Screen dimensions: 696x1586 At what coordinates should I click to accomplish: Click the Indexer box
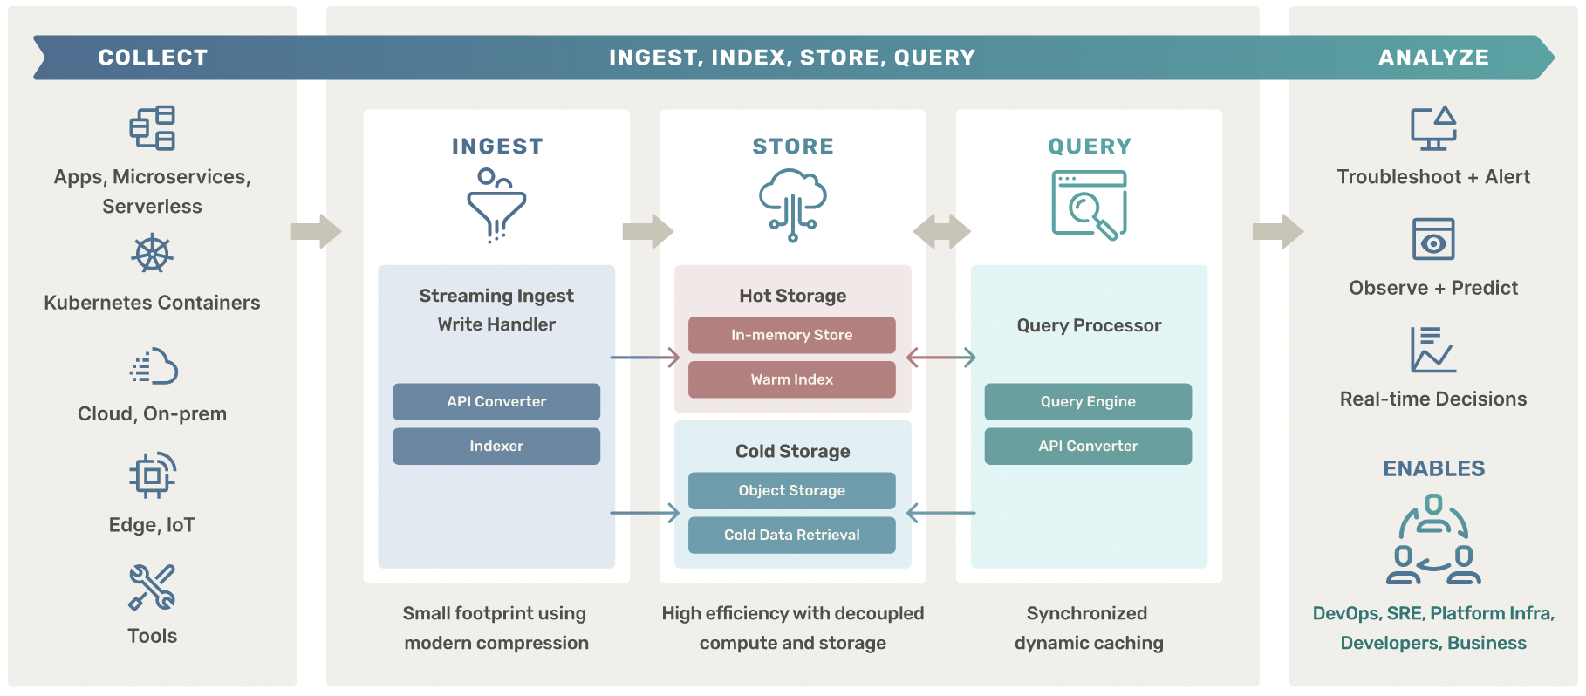tap(496, 446)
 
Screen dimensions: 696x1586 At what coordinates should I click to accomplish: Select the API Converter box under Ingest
tap(496, 401)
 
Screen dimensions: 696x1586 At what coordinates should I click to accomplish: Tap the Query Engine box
tap(1087, 401)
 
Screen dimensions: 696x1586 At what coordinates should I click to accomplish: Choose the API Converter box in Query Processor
tap(1087, 446)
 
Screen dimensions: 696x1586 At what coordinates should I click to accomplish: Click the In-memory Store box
tap(791, 335)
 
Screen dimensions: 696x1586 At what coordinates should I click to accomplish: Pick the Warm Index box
tap(791, 379)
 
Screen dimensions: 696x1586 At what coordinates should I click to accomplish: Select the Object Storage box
tap(791, 490)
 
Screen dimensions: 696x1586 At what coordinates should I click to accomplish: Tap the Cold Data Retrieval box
tap(791, 535)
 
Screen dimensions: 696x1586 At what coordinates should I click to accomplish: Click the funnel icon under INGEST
tap(496, 205)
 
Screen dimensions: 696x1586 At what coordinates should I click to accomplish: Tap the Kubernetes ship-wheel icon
tap(152, 254)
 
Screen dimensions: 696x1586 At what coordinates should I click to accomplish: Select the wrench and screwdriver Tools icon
tap(152, 587)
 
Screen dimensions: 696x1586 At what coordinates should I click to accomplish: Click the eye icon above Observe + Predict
tap(1432, 239)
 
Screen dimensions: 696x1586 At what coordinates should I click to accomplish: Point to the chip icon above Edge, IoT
tap(152, 475)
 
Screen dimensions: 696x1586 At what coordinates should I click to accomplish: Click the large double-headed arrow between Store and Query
tap(941, 231)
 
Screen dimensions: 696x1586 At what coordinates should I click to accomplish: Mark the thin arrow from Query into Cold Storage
tap(941, 513)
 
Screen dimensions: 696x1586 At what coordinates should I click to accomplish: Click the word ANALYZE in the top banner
tap(1432, 58)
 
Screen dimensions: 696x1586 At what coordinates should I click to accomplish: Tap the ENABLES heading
tap(1432, 468)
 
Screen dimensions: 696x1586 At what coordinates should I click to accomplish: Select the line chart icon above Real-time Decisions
tap(1432, 350)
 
